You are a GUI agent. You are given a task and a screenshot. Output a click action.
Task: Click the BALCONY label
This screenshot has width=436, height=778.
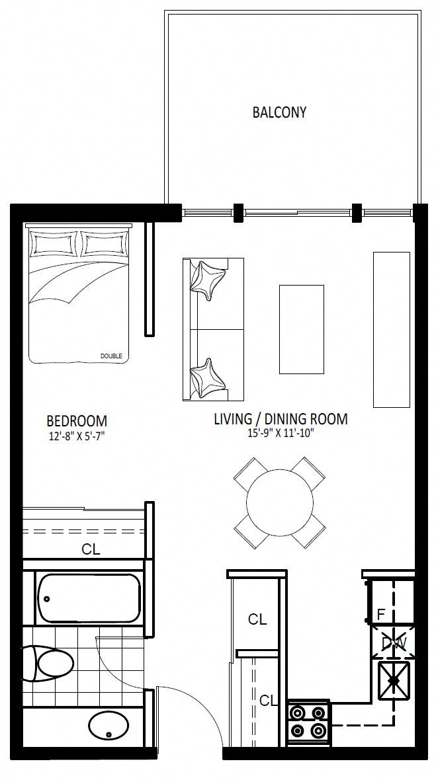[279, 112]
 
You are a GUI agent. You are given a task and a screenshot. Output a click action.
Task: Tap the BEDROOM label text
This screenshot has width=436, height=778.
[77, 421]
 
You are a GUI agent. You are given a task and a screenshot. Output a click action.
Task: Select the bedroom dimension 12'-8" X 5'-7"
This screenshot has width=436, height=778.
[76, 437]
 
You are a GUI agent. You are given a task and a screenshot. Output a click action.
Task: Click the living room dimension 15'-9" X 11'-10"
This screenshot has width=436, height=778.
[281, 433]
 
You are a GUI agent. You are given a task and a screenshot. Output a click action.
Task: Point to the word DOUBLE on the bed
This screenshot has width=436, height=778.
[110, 356]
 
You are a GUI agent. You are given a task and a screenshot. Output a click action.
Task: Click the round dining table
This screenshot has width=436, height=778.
[280, 502]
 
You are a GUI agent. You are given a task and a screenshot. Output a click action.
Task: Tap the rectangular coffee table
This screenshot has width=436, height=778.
[302, 329]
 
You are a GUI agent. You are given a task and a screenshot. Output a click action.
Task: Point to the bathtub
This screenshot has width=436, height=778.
[89, 598]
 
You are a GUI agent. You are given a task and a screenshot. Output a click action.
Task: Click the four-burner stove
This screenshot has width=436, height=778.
[308, 722]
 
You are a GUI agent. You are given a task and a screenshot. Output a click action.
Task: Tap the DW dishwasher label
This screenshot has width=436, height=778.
[394, 644]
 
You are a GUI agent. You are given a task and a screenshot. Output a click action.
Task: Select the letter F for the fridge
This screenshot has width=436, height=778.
[381, 615]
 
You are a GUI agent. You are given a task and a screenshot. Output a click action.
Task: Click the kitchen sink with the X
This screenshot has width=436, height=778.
[393, 680]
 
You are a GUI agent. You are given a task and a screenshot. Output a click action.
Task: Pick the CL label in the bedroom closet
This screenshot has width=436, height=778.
[91, 549]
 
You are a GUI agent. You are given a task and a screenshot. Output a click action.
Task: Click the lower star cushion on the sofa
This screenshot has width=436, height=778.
[208, 379]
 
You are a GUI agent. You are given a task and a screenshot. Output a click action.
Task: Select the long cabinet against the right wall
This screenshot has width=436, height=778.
[391, 329]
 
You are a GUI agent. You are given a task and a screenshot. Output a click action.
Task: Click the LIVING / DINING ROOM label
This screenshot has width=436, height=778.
[281, 419]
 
